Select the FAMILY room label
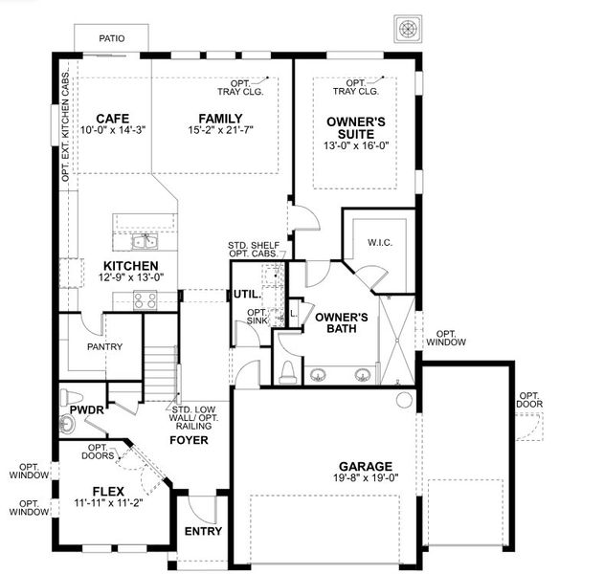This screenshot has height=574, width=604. [x=220, y=119]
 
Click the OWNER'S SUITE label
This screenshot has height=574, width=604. [x=357, y=127]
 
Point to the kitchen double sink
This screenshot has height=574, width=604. [x=145, y=241]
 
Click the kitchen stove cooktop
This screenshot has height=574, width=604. [x=145, y=299]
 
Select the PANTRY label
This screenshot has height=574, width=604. [x=102, y=346]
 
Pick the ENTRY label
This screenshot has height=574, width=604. [x=202, y=531]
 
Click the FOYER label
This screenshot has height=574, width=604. [x=190, y=440]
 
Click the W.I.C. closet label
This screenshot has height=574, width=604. [x=380, y=243]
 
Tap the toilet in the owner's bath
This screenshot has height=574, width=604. [x=287, y=371]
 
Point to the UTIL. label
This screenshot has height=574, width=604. [x=246, y=295]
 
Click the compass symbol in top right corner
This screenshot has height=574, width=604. [x=405, y=29]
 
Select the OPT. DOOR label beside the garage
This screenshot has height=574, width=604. [x=529, y=399]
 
